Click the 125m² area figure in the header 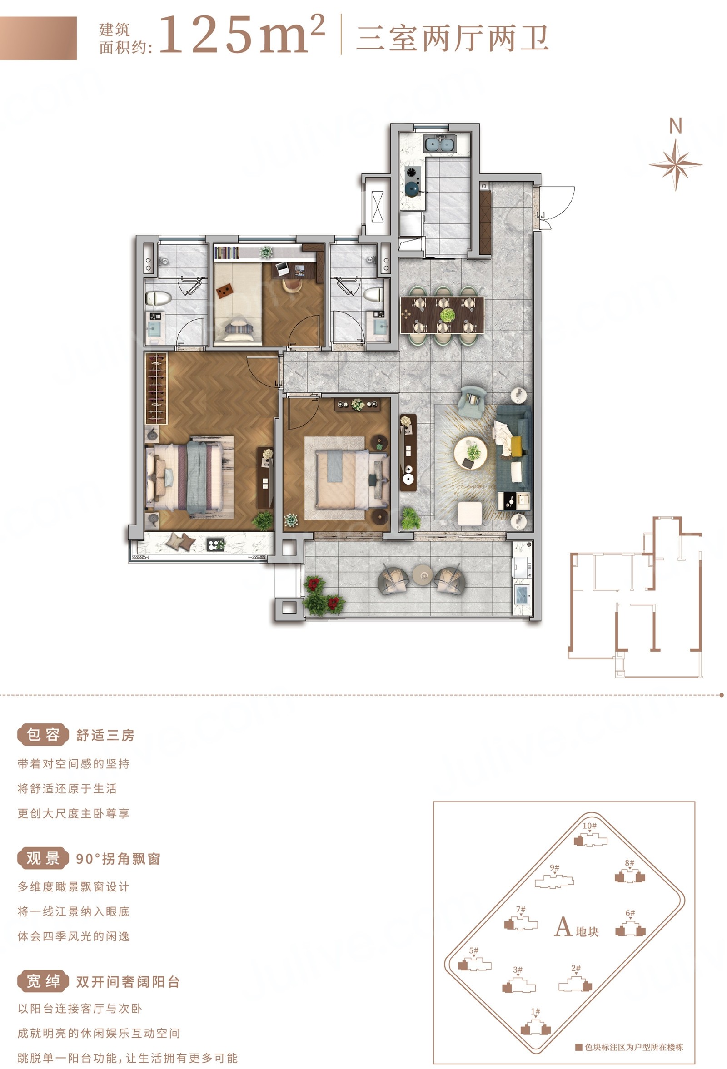[x=242, y=35]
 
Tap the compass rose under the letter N [x=675, y=164]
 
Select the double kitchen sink [x=440, y=144]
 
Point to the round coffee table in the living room [x=470, y=453]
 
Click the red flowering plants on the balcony [x=324, y=595]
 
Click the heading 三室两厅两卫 [x=453, y=38]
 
